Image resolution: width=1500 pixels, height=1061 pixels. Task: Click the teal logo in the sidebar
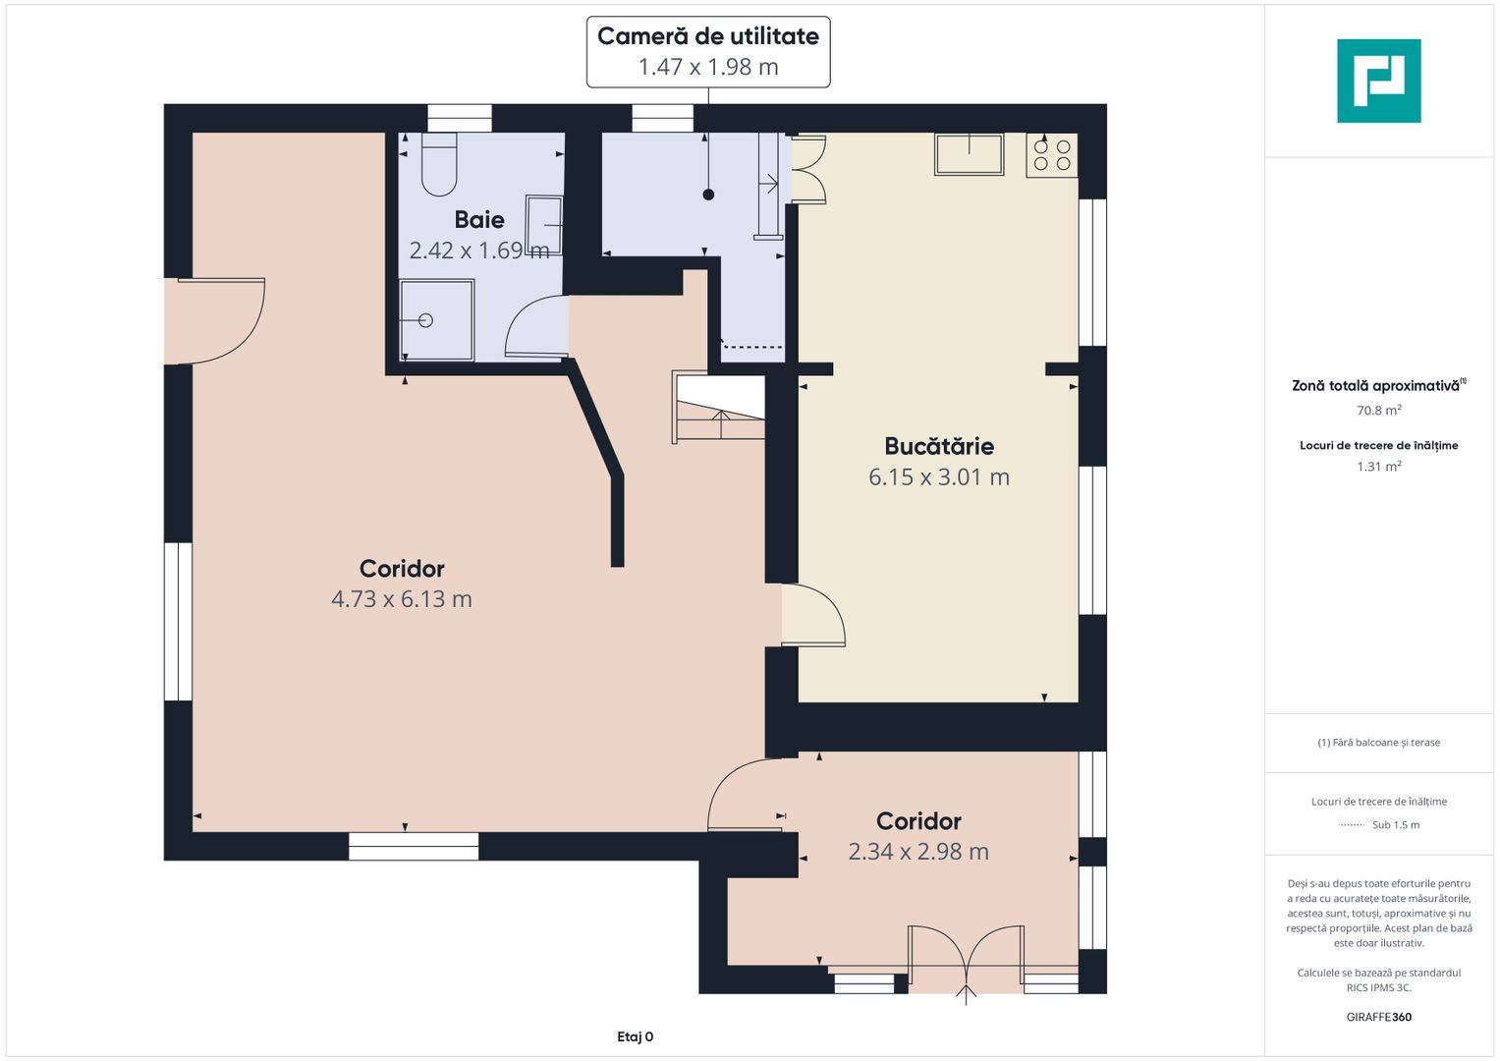click(1379, 81)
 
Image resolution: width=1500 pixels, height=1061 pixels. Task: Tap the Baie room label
click(479, 220)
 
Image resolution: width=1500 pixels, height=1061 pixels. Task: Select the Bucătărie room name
click(939, 446)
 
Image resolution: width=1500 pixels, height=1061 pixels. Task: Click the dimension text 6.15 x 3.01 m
click(939, 476)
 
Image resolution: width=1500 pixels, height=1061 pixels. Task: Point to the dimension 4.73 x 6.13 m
click(402, 599)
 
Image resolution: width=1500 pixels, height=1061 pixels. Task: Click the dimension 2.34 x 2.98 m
click(918, 852)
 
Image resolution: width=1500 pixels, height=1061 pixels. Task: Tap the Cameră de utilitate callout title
click(708, 36)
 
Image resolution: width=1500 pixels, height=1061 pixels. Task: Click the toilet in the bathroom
click(439, 164)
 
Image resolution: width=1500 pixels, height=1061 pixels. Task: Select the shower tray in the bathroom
click(436, 320)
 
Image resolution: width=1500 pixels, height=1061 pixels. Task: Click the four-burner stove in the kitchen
click(1052, 155)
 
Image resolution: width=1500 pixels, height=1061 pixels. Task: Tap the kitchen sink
click(969, 154)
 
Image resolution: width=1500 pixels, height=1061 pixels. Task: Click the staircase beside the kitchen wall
click(719, 408)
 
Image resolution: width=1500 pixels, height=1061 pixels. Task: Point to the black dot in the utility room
click(708, 195)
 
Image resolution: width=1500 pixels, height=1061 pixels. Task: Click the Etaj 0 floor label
click(636, 1036)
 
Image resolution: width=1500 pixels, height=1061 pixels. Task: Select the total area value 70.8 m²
click(1379, 410)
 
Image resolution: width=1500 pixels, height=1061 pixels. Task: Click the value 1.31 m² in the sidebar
click(1379, 467)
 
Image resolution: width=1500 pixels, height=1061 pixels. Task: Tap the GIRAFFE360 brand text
click(1379, 1017)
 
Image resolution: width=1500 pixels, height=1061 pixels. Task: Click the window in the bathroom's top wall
click(460, 118)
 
